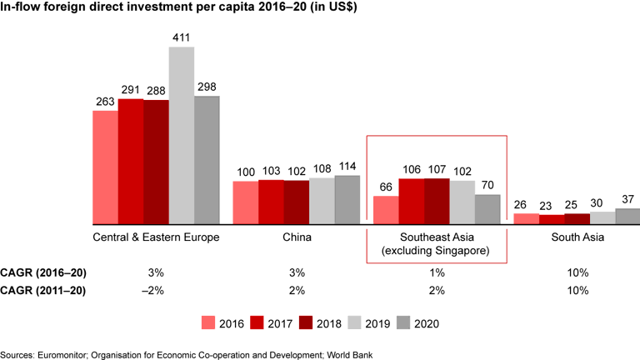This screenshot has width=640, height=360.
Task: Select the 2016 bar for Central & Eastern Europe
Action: [105, 167]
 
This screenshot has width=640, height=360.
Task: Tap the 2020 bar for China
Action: [348, 200]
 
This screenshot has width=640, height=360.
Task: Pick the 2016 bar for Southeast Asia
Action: [385, 210]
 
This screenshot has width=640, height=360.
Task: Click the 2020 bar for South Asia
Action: [627, 217]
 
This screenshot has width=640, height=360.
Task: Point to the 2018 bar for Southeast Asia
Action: [437, 202]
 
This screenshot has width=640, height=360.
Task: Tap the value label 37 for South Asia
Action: [627, 200]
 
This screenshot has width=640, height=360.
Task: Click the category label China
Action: [297, 237]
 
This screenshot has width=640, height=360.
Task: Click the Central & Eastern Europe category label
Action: [156, 237]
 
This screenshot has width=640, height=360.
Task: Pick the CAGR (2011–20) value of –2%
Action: [156, 291]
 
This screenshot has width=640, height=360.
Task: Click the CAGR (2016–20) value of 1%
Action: [437, 272]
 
